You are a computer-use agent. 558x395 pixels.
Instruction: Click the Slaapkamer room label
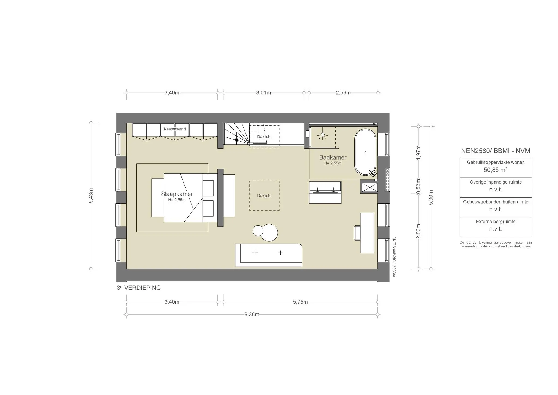177,194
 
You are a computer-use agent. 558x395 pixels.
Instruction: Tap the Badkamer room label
333,157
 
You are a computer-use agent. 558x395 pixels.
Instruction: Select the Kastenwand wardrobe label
175,129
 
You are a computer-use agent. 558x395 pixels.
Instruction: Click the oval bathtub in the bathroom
365,152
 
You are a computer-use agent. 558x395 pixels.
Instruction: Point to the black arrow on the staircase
236,141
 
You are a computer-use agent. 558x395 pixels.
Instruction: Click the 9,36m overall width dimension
252,315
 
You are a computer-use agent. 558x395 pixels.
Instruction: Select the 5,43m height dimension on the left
91,196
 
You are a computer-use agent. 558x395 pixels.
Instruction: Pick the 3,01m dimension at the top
263,93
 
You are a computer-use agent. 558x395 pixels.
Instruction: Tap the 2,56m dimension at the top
343,93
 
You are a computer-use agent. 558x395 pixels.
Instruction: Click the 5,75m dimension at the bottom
300,302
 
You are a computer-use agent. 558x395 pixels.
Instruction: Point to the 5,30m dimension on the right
431,197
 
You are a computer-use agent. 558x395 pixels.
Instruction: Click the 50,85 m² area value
495,170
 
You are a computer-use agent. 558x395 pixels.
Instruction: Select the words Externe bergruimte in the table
496,222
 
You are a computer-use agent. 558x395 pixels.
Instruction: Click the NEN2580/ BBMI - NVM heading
495,151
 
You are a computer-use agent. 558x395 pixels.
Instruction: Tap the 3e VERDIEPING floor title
139,288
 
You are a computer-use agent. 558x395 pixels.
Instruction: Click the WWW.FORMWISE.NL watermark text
394,257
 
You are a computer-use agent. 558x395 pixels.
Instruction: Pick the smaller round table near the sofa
258,231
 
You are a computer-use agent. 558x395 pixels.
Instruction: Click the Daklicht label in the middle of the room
264,196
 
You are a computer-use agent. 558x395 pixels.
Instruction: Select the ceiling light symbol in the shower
323,135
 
